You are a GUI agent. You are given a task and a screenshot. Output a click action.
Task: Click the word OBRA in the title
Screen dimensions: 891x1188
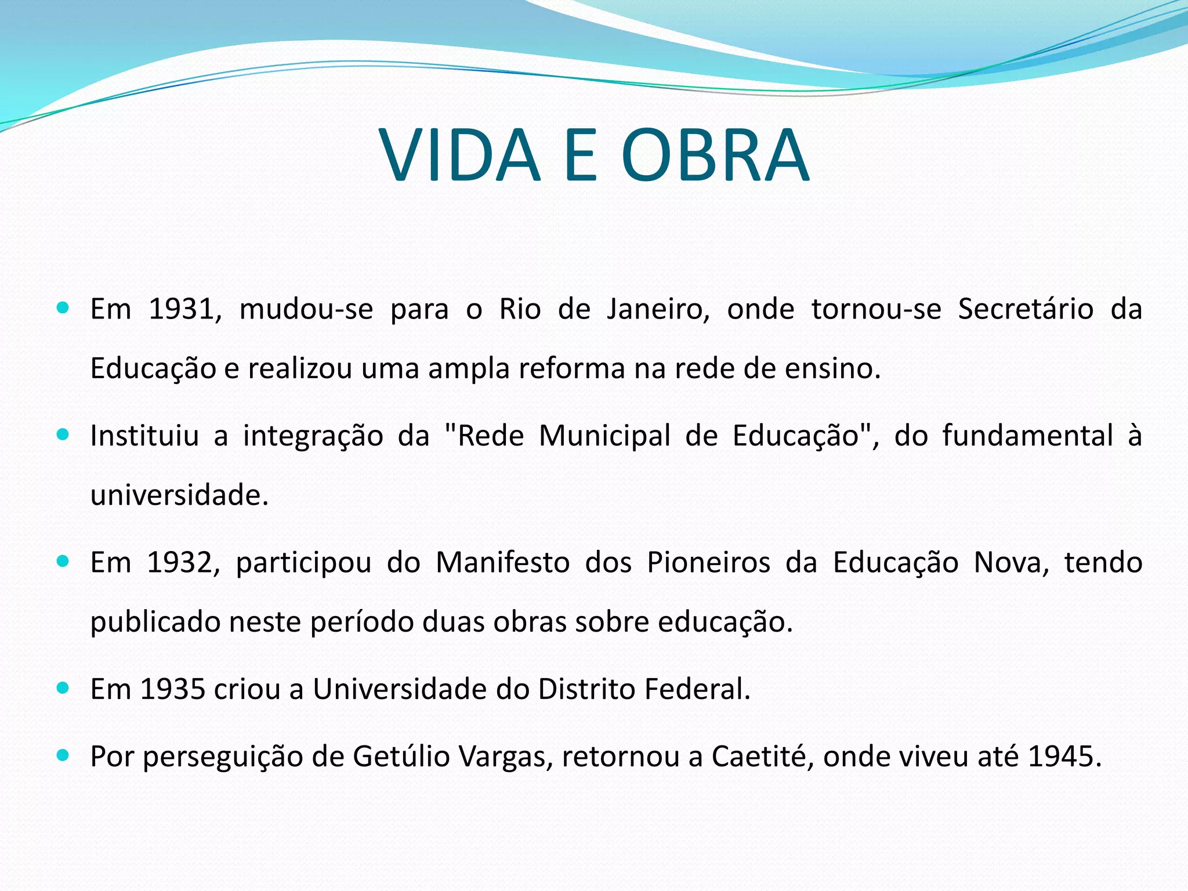tap(715, 155)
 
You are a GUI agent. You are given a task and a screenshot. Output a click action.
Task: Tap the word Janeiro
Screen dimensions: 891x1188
tap(658, 309)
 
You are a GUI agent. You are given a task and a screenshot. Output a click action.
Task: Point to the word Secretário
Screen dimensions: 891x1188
tap(1026, 309)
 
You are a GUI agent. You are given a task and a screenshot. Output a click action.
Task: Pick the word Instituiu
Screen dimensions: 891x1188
tap(144, 435)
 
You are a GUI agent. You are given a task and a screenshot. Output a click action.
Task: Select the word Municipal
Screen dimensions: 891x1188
tap(604, 435)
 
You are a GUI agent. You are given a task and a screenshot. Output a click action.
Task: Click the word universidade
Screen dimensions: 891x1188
tap(179, 495)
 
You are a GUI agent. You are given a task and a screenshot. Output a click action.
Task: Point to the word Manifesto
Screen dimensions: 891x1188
tap(502, 562)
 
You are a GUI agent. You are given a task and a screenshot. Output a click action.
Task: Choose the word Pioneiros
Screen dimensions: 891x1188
tap(708, 562)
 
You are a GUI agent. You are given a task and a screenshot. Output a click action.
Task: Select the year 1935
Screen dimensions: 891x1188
tap(172, 689)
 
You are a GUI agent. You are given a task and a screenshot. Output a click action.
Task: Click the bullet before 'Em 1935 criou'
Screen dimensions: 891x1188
tap(63, 688)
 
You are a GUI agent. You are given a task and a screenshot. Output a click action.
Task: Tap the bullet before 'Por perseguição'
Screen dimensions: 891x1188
tap(63, 755)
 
